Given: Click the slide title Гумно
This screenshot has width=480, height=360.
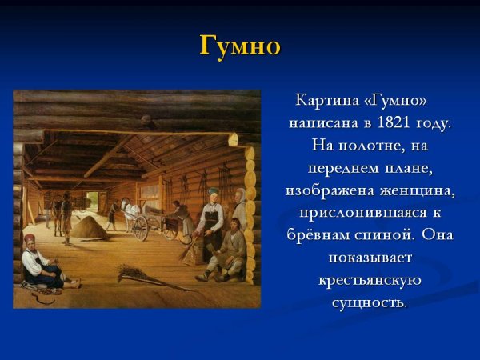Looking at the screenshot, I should (239, 46).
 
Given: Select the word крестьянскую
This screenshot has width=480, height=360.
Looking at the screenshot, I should (370, 281).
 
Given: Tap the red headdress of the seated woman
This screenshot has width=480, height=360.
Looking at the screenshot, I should (30, 240).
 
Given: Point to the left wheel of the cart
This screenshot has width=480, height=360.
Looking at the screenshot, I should (141, 227).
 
